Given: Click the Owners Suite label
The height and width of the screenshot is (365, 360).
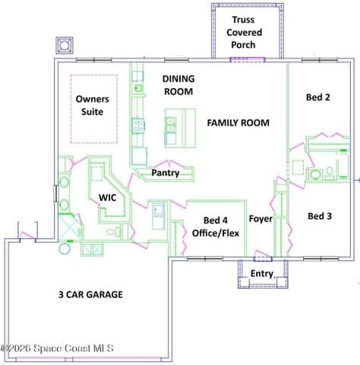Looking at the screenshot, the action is tap(93, 106).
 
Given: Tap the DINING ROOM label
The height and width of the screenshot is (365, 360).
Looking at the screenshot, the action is tap(178, 85).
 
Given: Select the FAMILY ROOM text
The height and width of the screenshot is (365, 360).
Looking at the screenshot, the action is tap(238, 123).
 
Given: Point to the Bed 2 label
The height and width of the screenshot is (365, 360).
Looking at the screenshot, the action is tap(318, 97).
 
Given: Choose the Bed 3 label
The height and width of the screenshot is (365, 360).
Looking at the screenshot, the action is tap(320, 216).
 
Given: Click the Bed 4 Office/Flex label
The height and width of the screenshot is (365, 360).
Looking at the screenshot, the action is tap(216, 227).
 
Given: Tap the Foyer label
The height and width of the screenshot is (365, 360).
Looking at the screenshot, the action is tap(261, 218).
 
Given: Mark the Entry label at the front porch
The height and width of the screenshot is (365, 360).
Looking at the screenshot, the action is tap(262, 274).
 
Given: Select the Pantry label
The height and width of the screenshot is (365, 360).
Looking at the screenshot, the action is tap(166, 173).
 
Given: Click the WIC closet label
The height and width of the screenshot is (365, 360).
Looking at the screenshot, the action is tap(108, 198).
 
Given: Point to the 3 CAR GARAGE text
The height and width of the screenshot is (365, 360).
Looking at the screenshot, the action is tap(90, 294).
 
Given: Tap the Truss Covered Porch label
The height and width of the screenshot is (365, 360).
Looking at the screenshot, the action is tap(244, 32).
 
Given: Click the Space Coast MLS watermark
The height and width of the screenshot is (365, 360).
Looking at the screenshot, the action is tap(57, 348).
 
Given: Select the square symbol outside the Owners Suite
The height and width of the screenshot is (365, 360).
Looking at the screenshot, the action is tap(65, 46).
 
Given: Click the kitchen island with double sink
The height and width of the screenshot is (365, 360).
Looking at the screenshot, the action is tap(180, 128).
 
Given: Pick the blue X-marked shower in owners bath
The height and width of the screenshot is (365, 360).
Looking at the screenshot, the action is tap(68, 227).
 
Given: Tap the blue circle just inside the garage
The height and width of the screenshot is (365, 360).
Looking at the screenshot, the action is tap(65, 249).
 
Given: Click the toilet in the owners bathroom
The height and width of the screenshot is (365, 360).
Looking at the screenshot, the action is tap(114, 231).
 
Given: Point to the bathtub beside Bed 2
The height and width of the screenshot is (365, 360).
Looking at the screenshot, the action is tap(343, 164).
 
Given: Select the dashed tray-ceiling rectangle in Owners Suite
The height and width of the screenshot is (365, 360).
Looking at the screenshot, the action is tap(94, 109).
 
